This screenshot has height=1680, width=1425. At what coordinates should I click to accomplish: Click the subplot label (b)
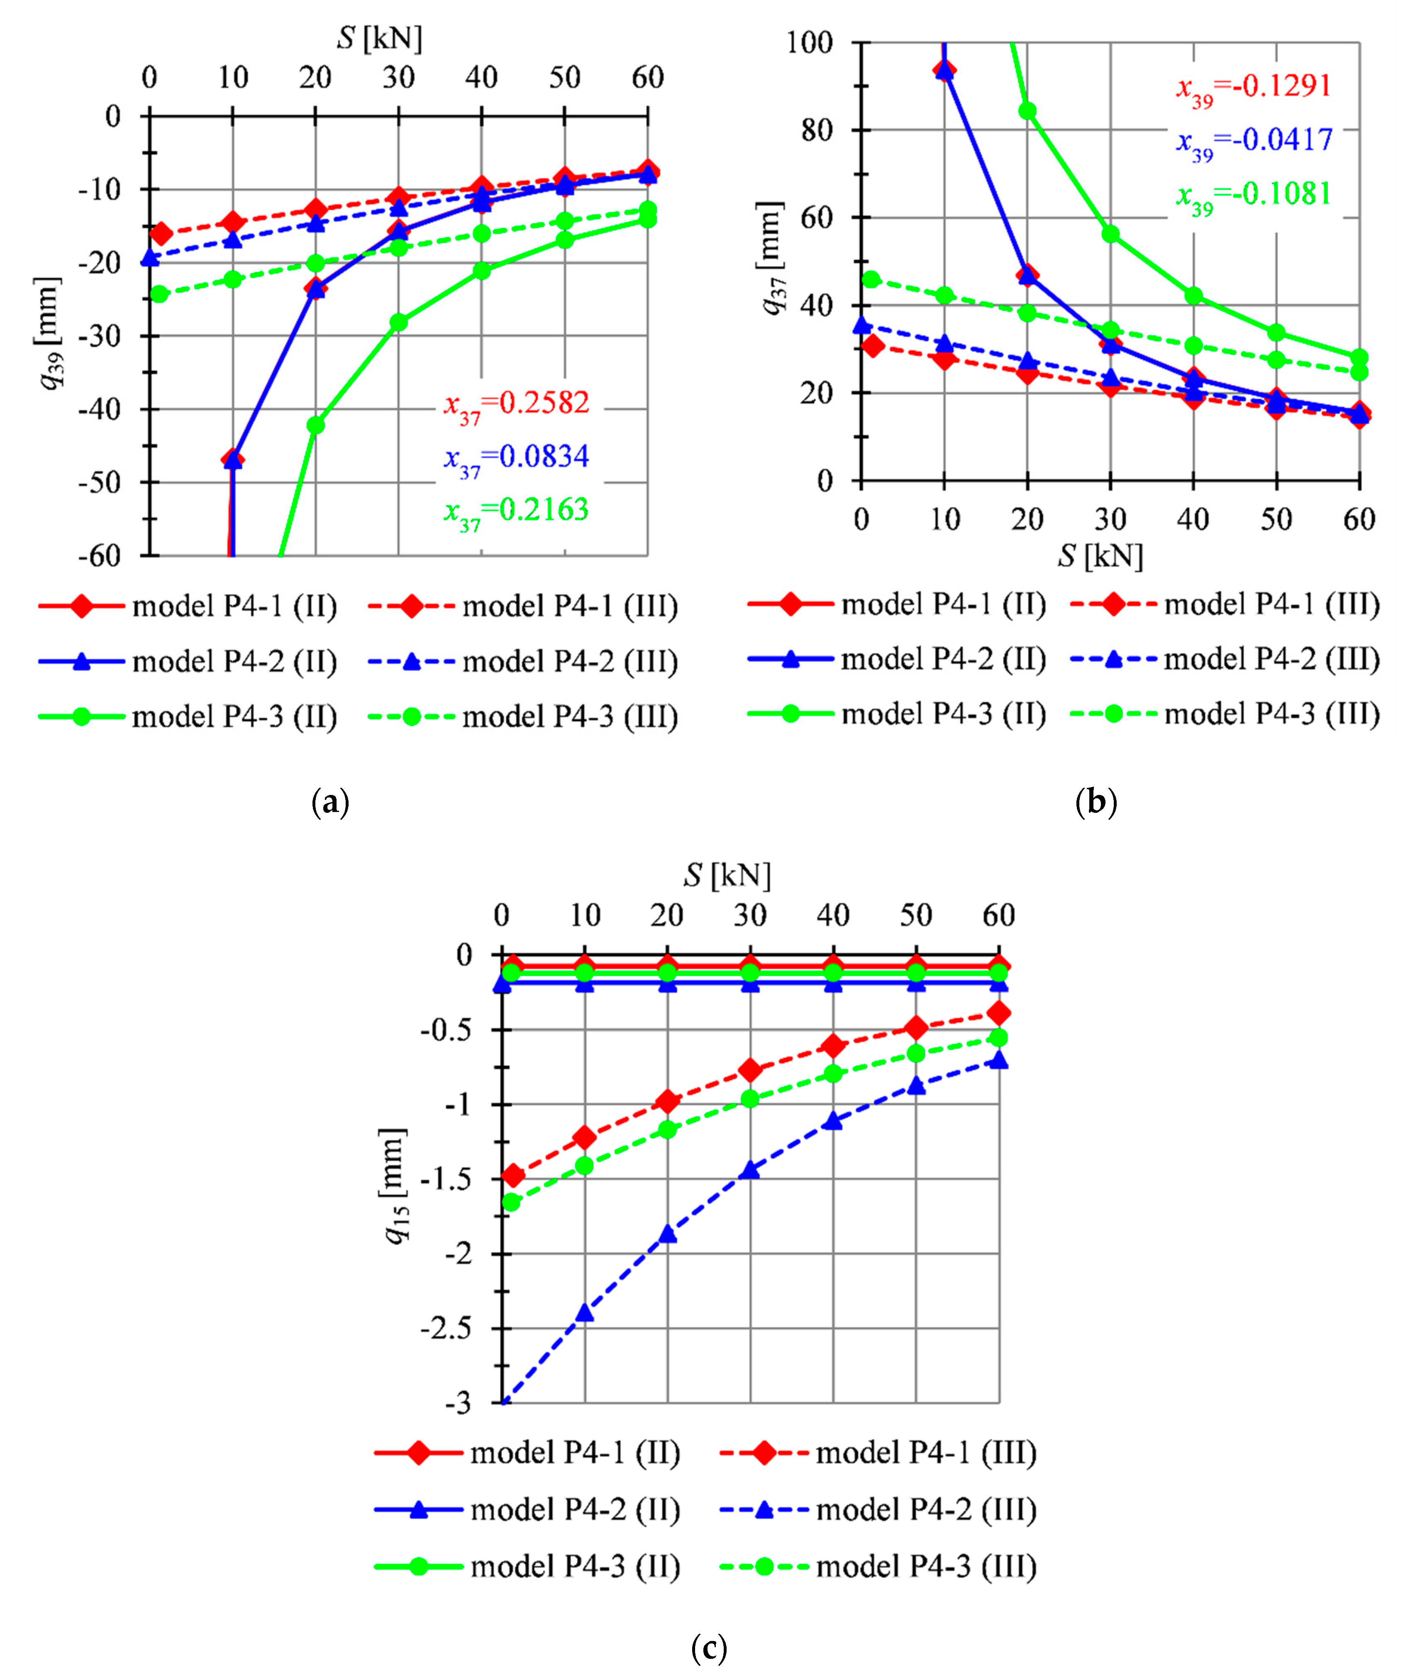click(x=1096, y=802)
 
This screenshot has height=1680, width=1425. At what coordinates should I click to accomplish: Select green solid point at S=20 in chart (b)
click(x=1027, y=112)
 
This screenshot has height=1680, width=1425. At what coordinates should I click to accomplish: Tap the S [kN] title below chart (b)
click(x=1100, y=556)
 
